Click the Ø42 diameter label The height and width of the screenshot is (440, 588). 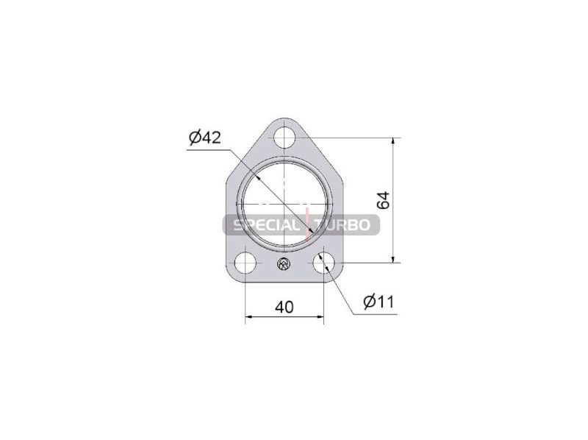205,138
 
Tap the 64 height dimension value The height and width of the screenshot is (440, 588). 384,200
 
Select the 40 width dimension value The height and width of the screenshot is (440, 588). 284,308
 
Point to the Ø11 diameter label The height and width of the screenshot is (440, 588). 379,302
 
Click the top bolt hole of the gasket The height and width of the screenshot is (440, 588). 284,138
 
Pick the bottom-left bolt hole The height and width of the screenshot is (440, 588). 245,263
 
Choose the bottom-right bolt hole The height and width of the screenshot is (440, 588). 323,263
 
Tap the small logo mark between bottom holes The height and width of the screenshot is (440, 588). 284,264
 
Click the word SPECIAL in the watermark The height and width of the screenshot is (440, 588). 266,225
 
